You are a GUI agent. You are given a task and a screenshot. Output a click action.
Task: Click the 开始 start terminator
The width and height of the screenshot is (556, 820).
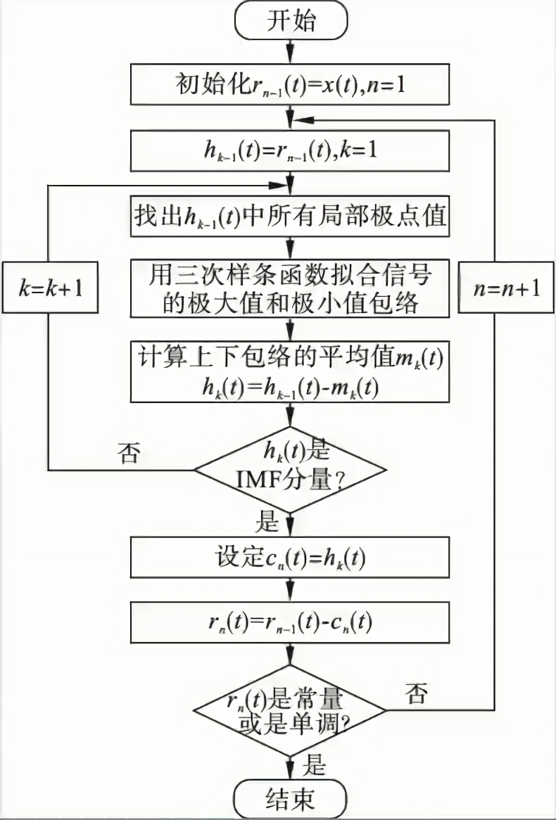click(290, 22)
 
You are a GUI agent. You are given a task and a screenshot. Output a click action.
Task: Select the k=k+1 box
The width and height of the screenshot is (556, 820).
click(49, 288)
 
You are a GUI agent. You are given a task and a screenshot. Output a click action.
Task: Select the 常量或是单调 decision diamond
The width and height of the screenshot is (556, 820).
click(290, 710)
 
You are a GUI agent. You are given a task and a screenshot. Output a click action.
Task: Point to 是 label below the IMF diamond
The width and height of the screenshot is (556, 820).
click(270, 521)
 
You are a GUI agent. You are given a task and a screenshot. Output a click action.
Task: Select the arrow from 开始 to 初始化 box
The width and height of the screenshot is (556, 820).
click(290, 53)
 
